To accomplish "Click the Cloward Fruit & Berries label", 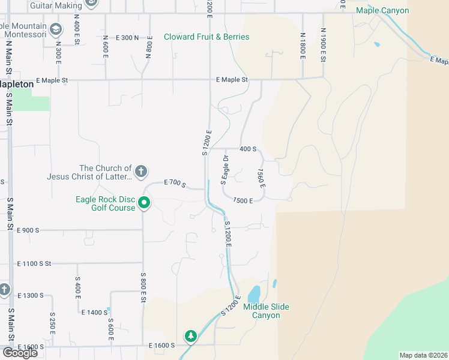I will pos(206,37).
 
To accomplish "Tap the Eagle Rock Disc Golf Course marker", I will pos(144,203).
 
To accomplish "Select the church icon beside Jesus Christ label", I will pos(141,172).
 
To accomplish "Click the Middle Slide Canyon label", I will pos(266,311).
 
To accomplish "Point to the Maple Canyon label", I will pos(382,11).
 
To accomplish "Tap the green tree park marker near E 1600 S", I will pos(191,336).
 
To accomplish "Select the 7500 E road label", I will pos(247,200).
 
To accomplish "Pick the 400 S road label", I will pos(248,149).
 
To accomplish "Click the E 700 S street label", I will pos(175,182).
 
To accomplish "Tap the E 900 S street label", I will pos(28,230).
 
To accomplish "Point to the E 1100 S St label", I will pos(35,263).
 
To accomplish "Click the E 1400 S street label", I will pos(94,313).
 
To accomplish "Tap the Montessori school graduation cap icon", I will pos(56,29).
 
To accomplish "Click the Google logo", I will pos(20,353).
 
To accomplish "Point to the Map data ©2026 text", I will pos(423,355).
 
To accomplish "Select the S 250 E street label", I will pos(53,323).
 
